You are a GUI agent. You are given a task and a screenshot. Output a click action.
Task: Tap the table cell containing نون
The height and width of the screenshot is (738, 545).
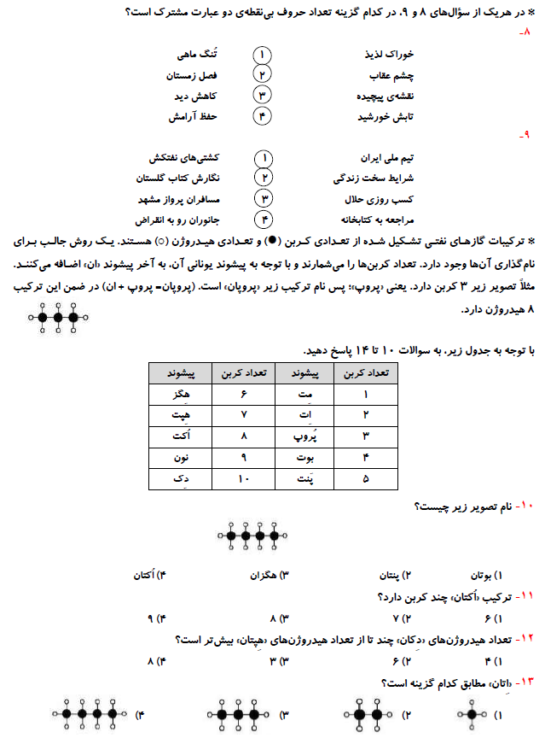179,458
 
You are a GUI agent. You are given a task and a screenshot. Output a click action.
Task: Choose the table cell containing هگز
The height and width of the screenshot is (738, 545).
179,394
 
